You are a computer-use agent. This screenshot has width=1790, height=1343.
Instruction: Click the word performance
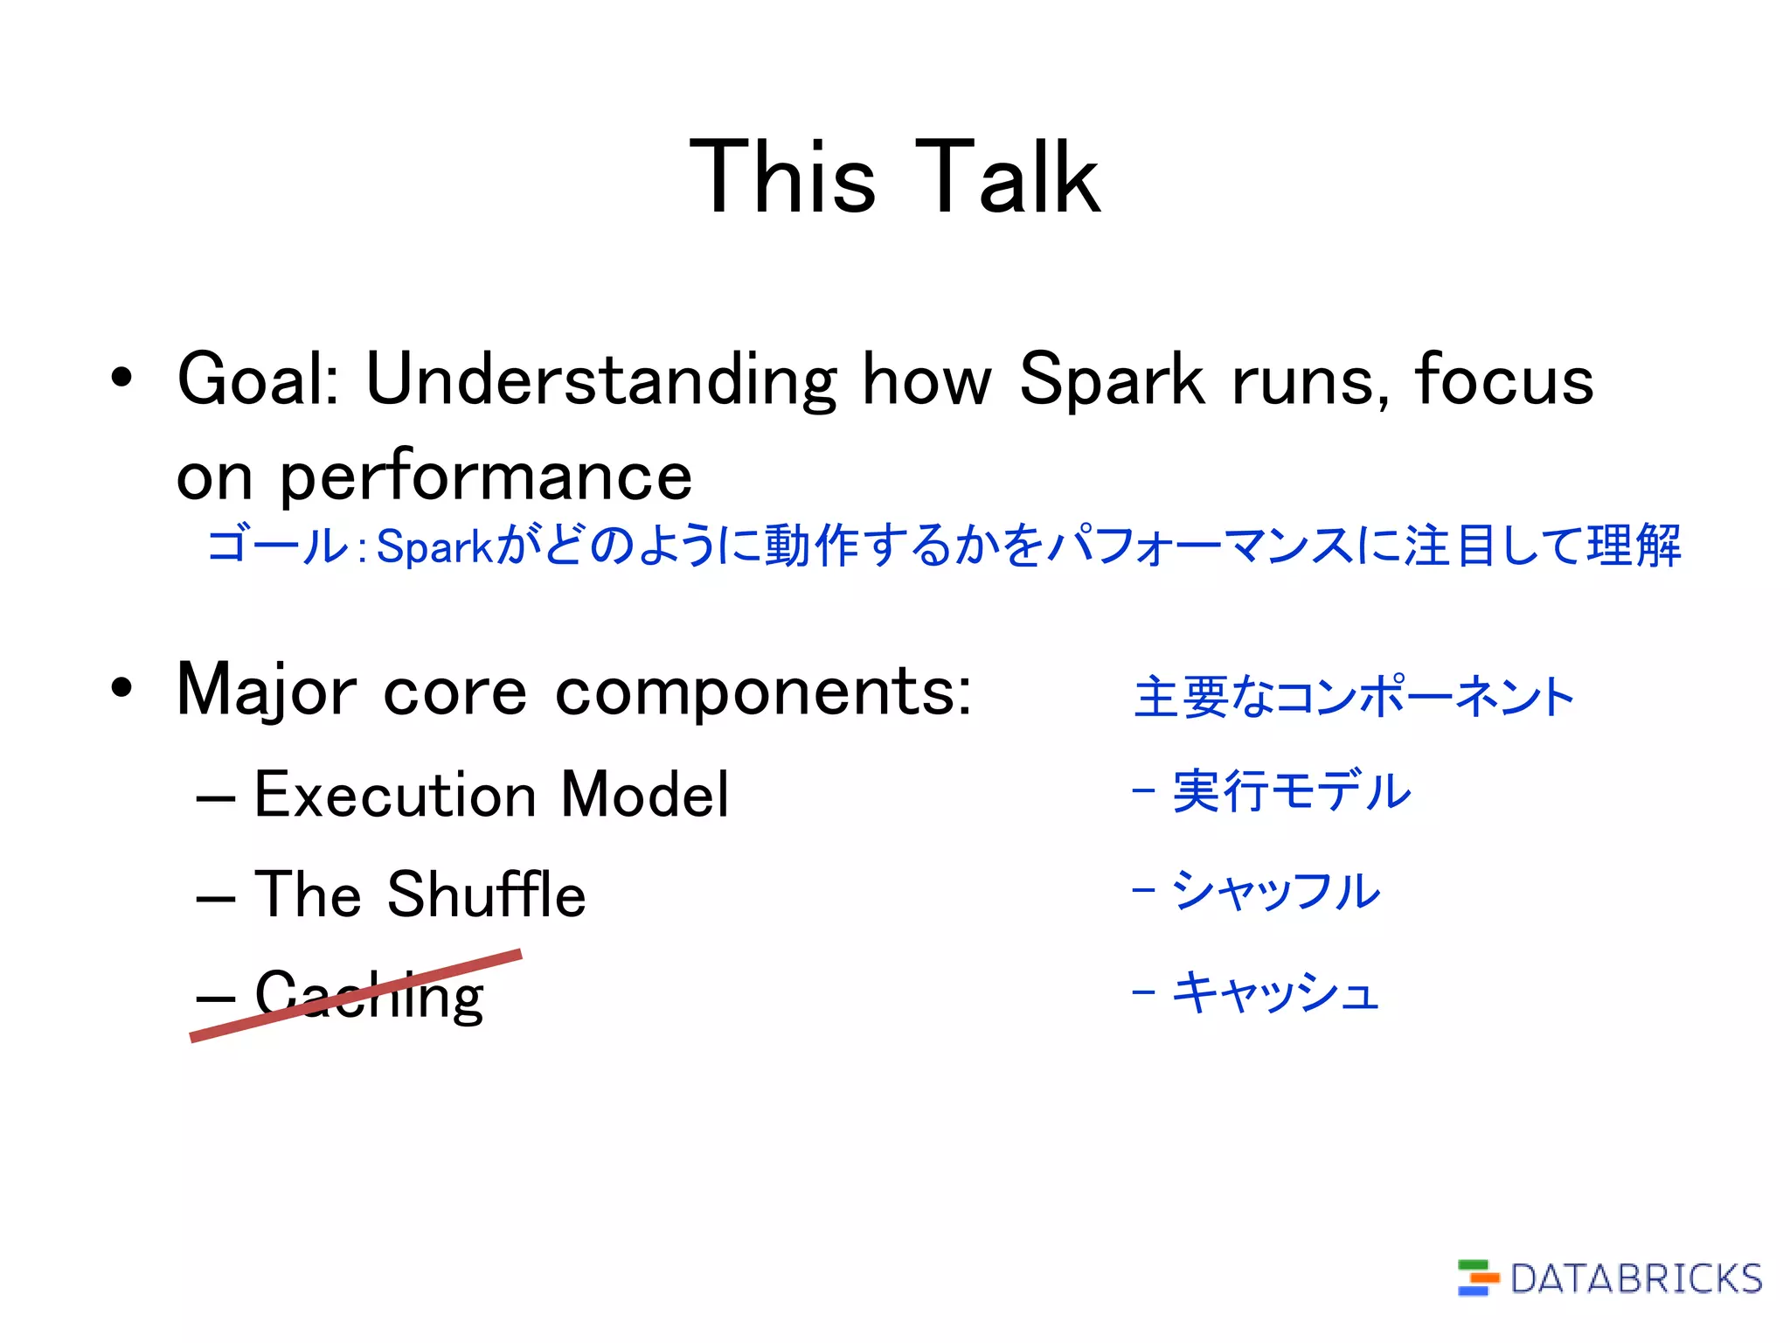(485, 478)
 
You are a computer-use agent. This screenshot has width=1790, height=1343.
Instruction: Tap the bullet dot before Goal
(122, 378)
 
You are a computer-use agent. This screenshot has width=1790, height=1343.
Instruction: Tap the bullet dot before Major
(122, 688)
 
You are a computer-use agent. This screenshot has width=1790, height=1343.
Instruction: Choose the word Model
(644, 795)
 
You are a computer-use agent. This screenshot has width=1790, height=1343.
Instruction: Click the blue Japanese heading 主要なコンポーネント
(1353, 698)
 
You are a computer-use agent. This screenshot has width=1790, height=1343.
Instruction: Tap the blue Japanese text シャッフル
(1275, 891)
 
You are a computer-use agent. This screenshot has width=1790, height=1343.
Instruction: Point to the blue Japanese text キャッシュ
(1275, 992)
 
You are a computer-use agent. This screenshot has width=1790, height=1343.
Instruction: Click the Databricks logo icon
(1476, 1277)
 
